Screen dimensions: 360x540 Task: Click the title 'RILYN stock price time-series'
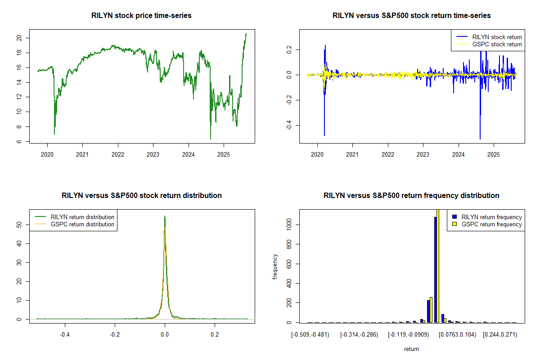point(142,16)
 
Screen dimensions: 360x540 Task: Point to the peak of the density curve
point(165,216)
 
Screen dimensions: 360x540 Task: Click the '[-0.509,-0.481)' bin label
point(310,335)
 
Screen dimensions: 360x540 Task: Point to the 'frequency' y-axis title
point(275,266)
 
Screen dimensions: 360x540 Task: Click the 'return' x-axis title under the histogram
point(411,349)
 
